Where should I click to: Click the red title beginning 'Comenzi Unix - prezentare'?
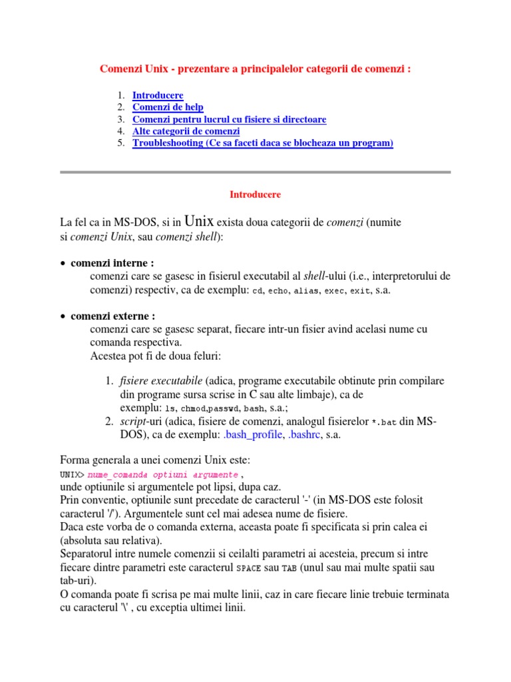[x=255, y=69]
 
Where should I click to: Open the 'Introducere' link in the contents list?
[x=158, y=95]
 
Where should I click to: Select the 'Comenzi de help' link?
[x=168, y=107]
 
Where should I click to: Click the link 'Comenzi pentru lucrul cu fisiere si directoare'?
[x=229, y=119]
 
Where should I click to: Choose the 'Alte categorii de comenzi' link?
[x=186, y=131]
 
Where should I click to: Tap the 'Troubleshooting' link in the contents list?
[x=263, y=143]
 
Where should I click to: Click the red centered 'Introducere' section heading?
[x=255, y=195]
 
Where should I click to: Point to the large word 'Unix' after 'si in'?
[x=199, y=221]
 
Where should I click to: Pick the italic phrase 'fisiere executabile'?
[x=161, y=381]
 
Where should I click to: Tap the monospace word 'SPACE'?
[x=249, y=568]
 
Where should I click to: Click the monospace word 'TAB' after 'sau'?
[x=289, y=568]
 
